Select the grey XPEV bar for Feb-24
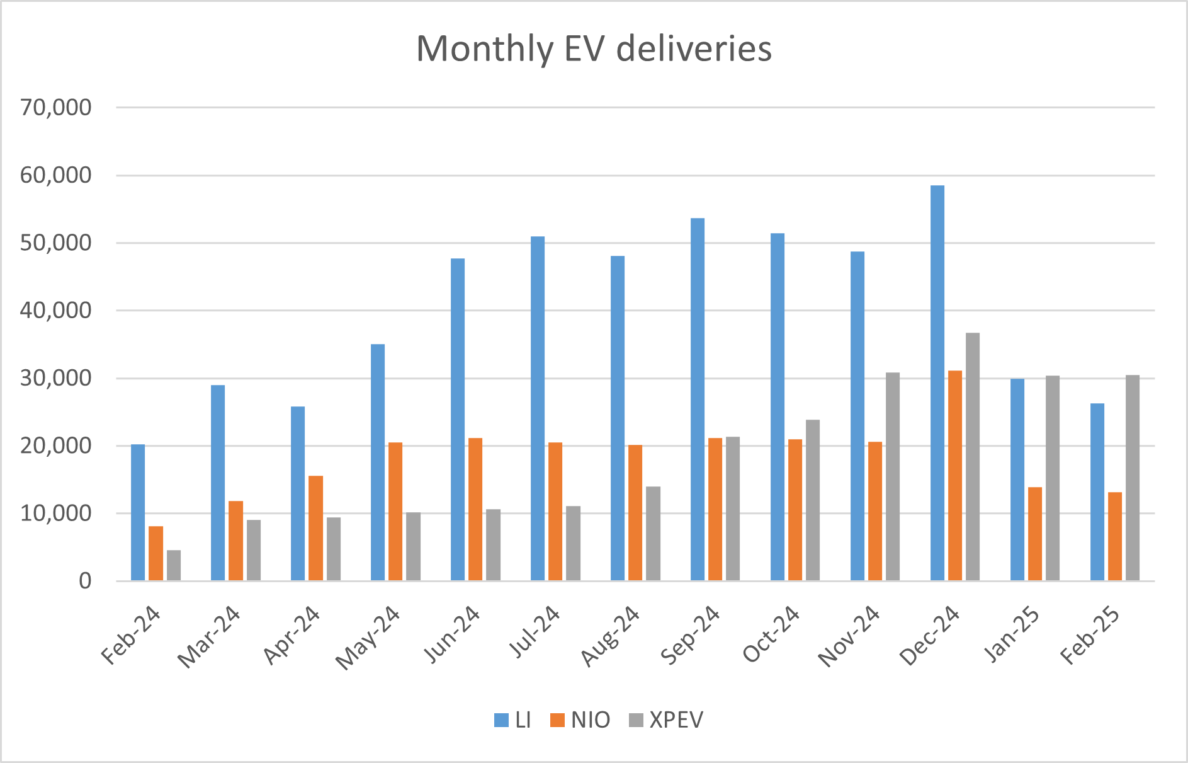(x=174, y=565)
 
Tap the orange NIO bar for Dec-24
(x=954, y=476)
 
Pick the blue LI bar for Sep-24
(x=697, y=399)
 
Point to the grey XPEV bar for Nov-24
(x=892, y=476)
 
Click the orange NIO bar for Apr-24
(x=315, y=528)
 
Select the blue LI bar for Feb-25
(x=1097, y=492)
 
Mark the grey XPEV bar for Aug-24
(x=653, y=534)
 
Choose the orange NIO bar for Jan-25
(x=1034, y=534)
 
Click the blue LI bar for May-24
(x=377, y=462)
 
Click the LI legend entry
(x=513, y=720)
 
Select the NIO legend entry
(x=580, y=720)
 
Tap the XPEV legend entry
(x=667, y=720)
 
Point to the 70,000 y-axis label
(x=55, y=108)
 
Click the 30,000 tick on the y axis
(x=55, y=378)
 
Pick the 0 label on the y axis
(x=84, y=581)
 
